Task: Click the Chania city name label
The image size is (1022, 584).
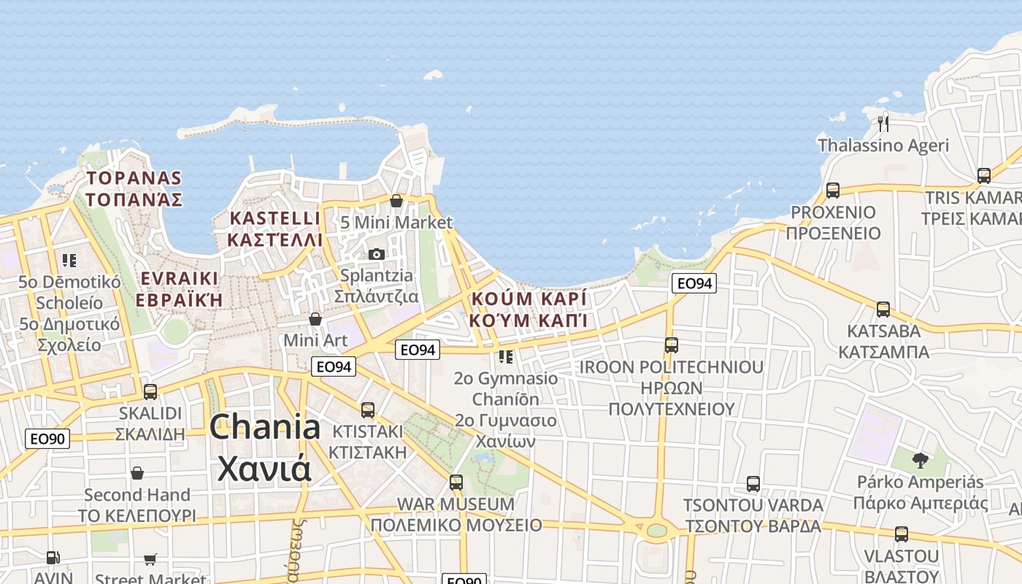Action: (x=264, y=447)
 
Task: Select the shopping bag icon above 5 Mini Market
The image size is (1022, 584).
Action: (x=396, y=201)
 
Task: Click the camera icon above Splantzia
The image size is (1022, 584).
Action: (x=377, y=254)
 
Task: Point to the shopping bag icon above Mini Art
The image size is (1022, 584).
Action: (x=315, y=319)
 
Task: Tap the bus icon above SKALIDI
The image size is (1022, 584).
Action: (x=150, y=392)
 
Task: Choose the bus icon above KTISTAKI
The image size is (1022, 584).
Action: (x=368, y=410)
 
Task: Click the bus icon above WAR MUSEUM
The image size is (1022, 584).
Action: (x=456, y=483)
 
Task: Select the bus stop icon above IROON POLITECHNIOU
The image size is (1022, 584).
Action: (x=672, y=345)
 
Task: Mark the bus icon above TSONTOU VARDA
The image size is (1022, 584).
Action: (x=753, y=484)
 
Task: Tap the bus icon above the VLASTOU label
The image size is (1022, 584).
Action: (x=902, y=534)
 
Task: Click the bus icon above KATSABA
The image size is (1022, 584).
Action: (x=883, y=310)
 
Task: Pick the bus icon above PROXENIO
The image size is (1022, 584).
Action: (x=833, y=191)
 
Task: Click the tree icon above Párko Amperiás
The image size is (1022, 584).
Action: (x=921, y=460)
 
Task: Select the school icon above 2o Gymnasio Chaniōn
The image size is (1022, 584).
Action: (x=505, y=357)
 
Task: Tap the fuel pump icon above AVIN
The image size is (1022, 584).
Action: (x=53, y=558)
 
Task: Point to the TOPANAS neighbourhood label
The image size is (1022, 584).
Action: (x=134, y=188)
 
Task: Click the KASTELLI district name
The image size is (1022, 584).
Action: (x=274, y=228)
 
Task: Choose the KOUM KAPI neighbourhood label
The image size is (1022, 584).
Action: (x=529, y=310)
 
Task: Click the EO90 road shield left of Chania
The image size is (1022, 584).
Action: (x=47, y=439)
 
